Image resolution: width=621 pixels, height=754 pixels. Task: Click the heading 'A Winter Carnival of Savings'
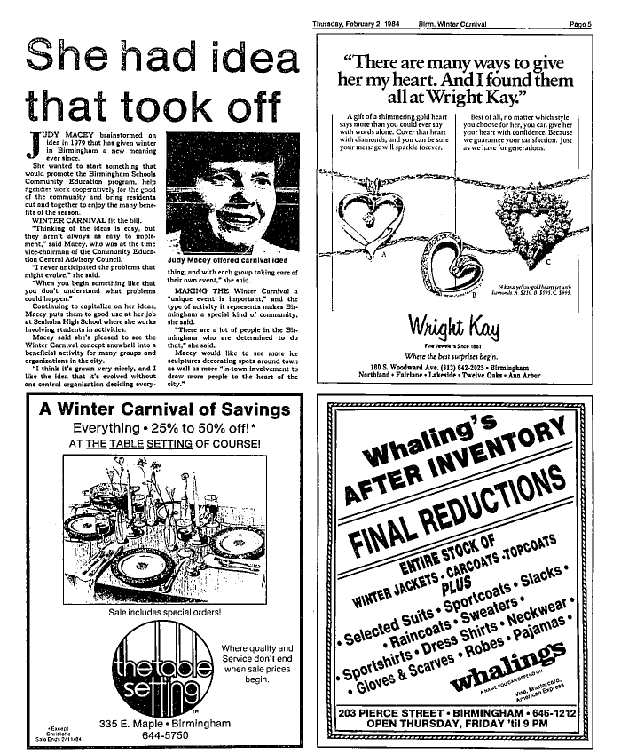point(165,410)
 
